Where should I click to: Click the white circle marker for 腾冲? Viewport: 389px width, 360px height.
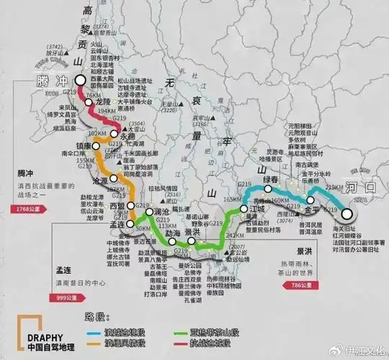point(79,81)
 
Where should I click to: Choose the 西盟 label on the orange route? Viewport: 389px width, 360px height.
point(117,207)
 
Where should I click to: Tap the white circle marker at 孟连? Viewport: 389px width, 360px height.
point(132,224)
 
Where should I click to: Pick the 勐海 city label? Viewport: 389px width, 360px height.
point(172,233)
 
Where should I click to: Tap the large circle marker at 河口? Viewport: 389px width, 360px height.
point(347,213)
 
